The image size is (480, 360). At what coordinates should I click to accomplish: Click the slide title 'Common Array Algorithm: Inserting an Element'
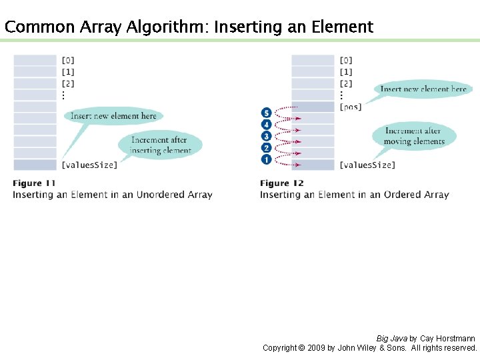(189, 27)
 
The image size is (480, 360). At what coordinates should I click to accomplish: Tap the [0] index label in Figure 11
(68, 61)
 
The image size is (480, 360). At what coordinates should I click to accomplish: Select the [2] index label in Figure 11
(68, 84)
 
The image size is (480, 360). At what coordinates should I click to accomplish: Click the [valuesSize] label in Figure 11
(89, 165)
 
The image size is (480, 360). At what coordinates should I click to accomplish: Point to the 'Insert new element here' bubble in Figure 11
(113, 116)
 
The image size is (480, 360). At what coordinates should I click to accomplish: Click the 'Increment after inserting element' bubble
(159, 145)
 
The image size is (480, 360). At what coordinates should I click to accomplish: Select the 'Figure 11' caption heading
(34, 183)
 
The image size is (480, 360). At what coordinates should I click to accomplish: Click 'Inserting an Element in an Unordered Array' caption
(112, 195)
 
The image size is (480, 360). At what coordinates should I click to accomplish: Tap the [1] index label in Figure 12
(346, 72)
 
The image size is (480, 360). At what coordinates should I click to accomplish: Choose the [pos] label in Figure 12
(351, 107)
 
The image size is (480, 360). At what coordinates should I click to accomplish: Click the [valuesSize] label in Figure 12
(367, 165)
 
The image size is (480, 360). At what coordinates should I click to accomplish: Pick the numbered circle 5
(267, 113)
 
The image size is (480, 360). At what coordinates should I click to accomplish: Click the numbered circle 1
(267, 160)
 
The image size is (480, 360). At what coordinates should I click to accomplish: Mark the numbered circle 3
(267, 136)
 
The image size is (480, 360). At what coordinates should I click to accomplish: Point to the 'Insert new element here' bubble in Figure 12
(423, 89)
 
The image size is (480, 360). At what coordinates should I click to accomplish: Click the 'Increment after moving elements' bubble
(414, 136)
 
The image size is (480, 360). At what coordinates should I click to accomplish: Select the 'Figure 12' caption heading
(281, 183)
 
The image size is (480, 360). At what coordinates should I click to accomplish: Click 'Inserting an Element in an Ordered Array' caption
(354, 195)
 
